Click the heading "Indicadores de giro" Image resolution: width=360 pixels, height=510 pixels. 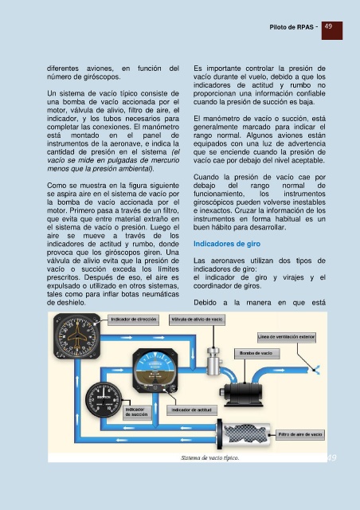(227, 244)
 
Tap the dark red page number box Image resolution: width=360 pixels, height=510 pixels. (331, 30)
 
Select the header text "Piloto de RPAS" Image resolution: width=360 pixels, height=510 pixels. (292, 27)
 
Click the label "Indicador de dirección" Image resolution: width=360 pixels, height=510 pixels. (133, 320)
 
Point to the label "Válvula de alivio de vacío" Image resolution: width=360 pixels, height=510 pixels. (197, 320)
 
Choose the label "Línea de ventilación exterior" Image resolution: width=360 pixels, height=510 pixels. (286, 337)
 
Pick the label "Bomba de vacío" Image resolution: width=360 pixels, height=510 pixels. (256, 353)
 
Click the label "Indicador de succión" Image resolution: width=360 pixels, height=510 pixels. (136, 412)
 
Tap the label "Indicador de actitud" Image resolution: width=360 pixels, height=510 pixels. (191, 410)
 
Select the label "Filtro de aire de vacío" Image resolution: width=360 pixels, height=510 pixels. (299, 434)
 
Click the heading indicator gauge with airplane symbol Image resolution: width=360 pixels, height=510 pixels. (77, 335)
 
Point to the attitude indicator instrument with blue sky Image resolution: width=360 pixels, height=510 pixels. (155, 371)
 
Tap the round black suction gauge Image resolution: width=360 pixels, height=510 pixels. (104, 400)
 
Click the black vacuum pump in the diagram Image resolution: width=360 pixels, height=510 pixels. (243, 394)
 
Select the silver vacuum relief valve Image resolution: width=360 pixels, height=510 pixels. (213, 361)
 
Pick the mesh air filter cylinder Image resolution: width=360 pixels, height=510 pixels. (244, 433)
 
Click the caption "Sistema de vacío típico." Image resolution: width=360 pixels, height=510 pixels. (209, 457)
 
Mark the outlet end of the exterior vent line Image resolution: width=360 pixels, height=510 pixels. (315, 370)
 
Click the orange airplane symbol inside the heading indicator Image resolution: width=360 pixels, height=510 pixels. (76, 335)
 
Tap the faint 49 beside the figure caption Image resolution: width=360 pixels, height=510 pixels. (331, 457)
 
